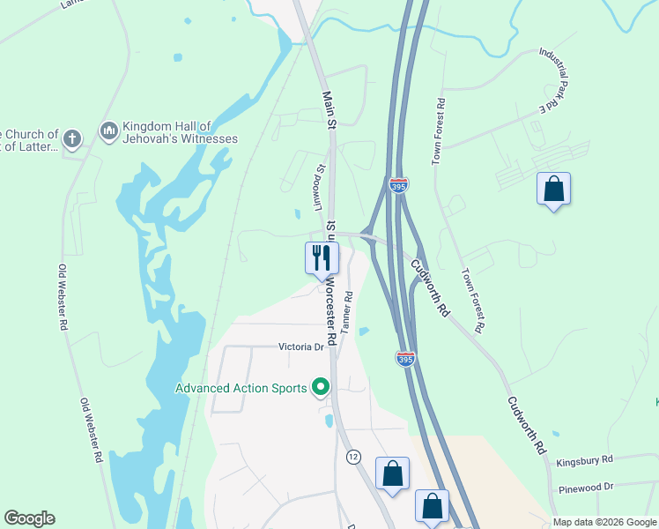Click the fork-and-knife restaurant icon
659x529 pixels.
tap(322, 257)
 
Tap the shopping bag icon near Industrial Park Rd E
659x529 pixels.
tap(553, 189)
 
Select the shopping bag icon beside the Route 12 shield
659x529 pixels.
tap(392, 473)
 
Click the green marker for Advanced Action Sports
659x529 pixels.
tap(321, 387)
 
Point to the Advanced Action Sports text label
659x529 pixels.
tap(241, 388)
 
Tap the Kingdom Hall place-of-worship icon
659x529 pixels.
tap(109, 132)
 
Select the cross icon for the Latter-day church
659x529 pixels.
tap(72, 138)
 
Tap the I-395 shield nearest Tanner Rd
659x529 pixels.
tap(405, 357)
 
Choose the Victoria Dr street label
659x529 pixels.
tap(301, 347)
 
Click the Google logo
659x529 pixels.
tap(29, 518)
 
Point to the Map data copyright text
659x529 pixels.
tap(604, 522)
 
